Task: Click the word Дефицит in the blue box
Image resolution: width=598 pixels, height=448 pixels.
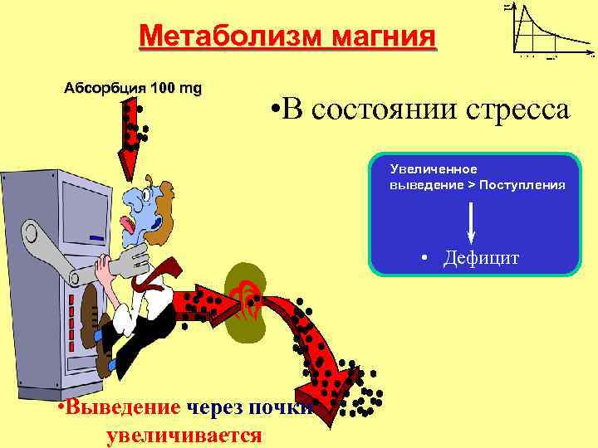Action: click(481, 259)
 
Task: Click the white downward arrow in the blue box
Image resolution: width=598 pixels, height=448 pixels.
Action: click(471, 220)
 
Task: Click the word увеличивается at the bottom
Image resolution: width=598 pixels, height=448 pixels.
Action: click(184, 436)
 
